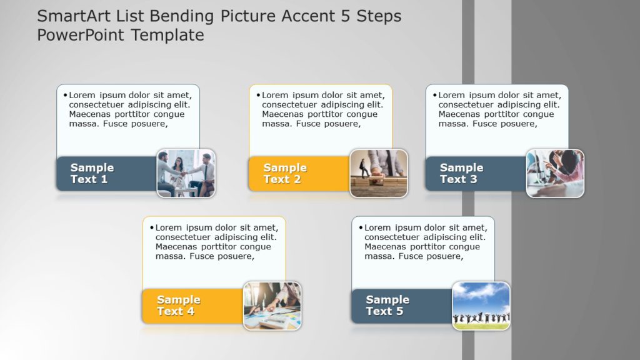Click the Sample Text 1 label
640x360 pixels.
point(92,173)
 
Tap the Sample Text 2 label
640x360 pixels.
point(285,173)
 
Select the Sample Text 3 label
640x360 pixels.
point(461,173)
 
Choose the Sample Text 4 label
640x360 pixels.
point(179,306)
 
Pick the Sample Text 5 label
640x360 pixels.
point(387,306)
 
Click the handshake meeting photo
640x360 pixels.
point(186,173)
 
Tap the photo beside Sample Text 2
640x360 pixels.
point(379,173)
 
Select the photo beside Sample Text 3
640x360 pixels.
point(555,173)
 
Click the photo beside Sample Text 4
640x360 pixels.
point(272,306)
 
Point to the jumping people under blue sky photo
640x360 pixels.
point(481,306)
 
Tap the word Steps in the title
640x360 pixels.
point(379,16)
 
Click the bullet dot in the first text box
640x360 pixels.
point(65,95)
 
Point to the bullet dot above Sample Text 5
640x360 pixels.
point(361,227)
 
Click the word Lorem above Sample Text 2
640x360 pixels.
point(276,96)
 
